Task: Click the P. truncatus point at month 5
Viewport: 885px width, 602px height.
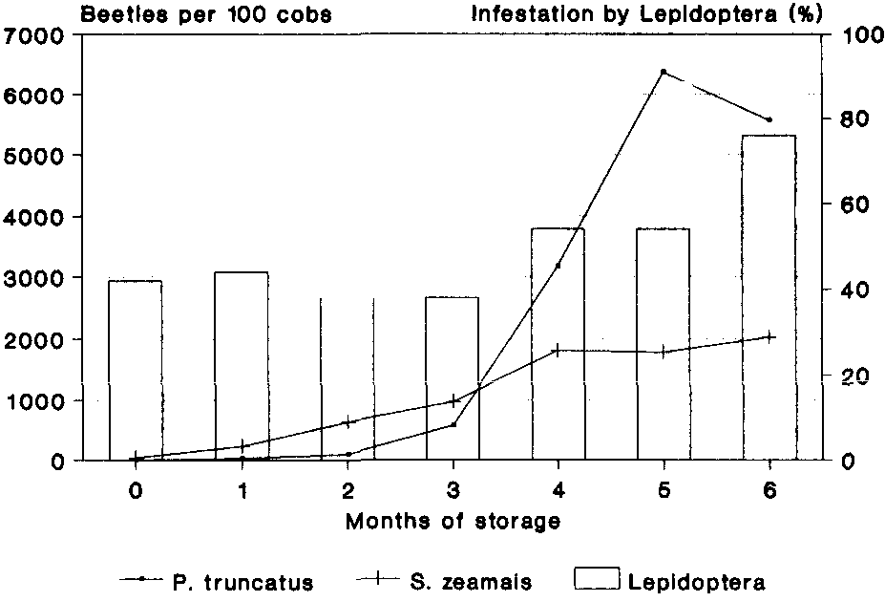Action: click(x=664, y=72)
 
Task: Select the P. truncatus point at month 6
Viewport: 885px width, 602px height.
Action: click(x=769, y=119)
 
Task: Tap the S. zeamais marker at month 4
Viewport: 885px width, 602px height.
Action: click(x=558, y=350)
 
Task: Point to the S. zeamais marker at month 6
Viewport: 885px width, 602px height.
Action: click(x=769, y=336)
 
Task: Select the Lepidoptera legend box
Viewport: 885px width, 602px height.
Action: click(x=596, y=579)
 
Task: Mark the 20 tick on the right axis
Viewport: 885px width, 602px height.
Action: click(x=851, y=376)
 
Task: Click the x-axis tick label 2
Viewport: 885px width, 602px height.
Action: click(x=348, y=491)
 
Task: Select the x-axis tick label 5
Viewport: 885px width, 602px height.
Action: click(x=664, y=491)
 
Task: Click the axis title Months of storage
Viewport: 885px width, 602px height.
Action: click(x=453, y=523)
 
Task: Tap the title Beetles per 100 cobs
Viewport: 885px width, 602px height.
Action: click(x=206, y=13)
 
